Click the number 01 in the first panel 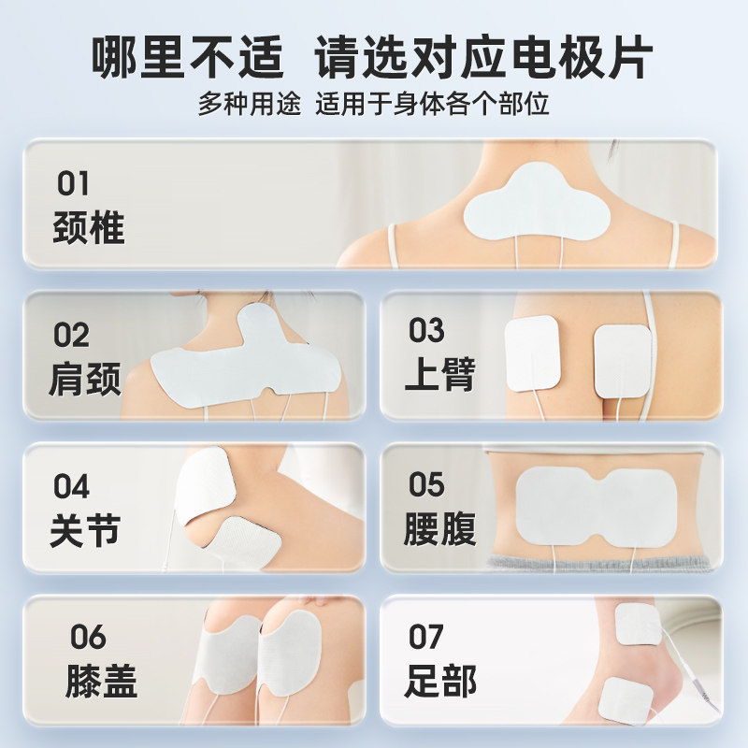pos(74,182)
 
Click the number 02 pos(71,335)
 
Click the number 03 pos(426,330)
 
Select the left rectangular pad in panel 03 pos(532,352)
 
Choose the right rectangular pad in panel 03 pos(622,360)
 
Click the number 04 pos(71,486)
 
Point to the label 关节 pos(85,530)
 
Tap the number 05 pos(426,484)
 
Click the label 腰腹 pos(440,528)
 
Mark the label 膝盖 pos(101,682)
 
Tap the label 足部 pos(440,682)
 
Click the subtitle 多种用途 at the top pos(249,104)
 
